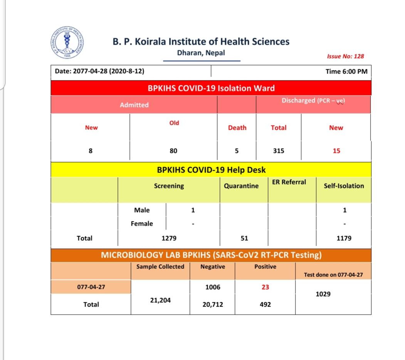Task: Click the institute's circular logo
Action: click(x=67, y=43)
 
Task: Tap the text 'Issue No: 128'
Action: click(x=345, y=56)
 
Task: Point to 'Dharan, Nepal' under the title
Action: click(x=201, y=53)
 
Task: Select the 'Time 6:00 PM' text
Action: click(x=346, y=71)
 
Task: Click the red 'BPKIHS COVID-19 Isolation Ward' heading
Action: click(x=211, y=88)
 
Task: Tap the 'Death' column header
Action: click(x=237, y=128)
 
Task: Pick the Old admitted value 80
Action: click(x=173, y=151)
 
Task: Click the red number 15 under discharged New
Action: click(x=336, y=151)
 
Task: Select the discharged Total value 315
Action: click(x=279, y=151)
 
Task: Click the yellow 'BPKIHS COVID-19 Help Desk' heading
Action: click(x=211, y=170)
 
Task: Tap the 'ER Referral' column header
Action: click(x=289, y=182)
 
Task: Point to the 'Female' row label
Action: click(x=142, y=224)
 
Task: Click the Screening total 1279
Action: click(x=169, y=238)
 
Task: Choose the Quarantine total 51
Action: click(x=244, y=238)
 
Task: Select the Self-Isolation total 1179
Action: click(x=344, y=238)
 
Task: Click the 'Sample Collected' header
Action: click(x=160, y=266)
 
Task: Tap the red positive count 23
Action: click(x=265, y=287)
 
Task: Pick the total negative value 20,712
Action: click(x=213, y=305)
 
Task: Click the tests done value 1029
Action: click(x=323, y=294)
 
